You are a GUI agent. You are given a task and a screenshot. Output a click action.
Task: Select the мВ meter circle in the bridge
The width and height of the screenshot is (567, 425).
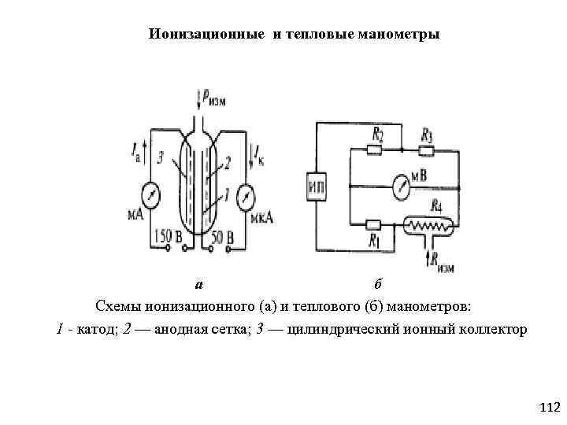click(x=401, y=187)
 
